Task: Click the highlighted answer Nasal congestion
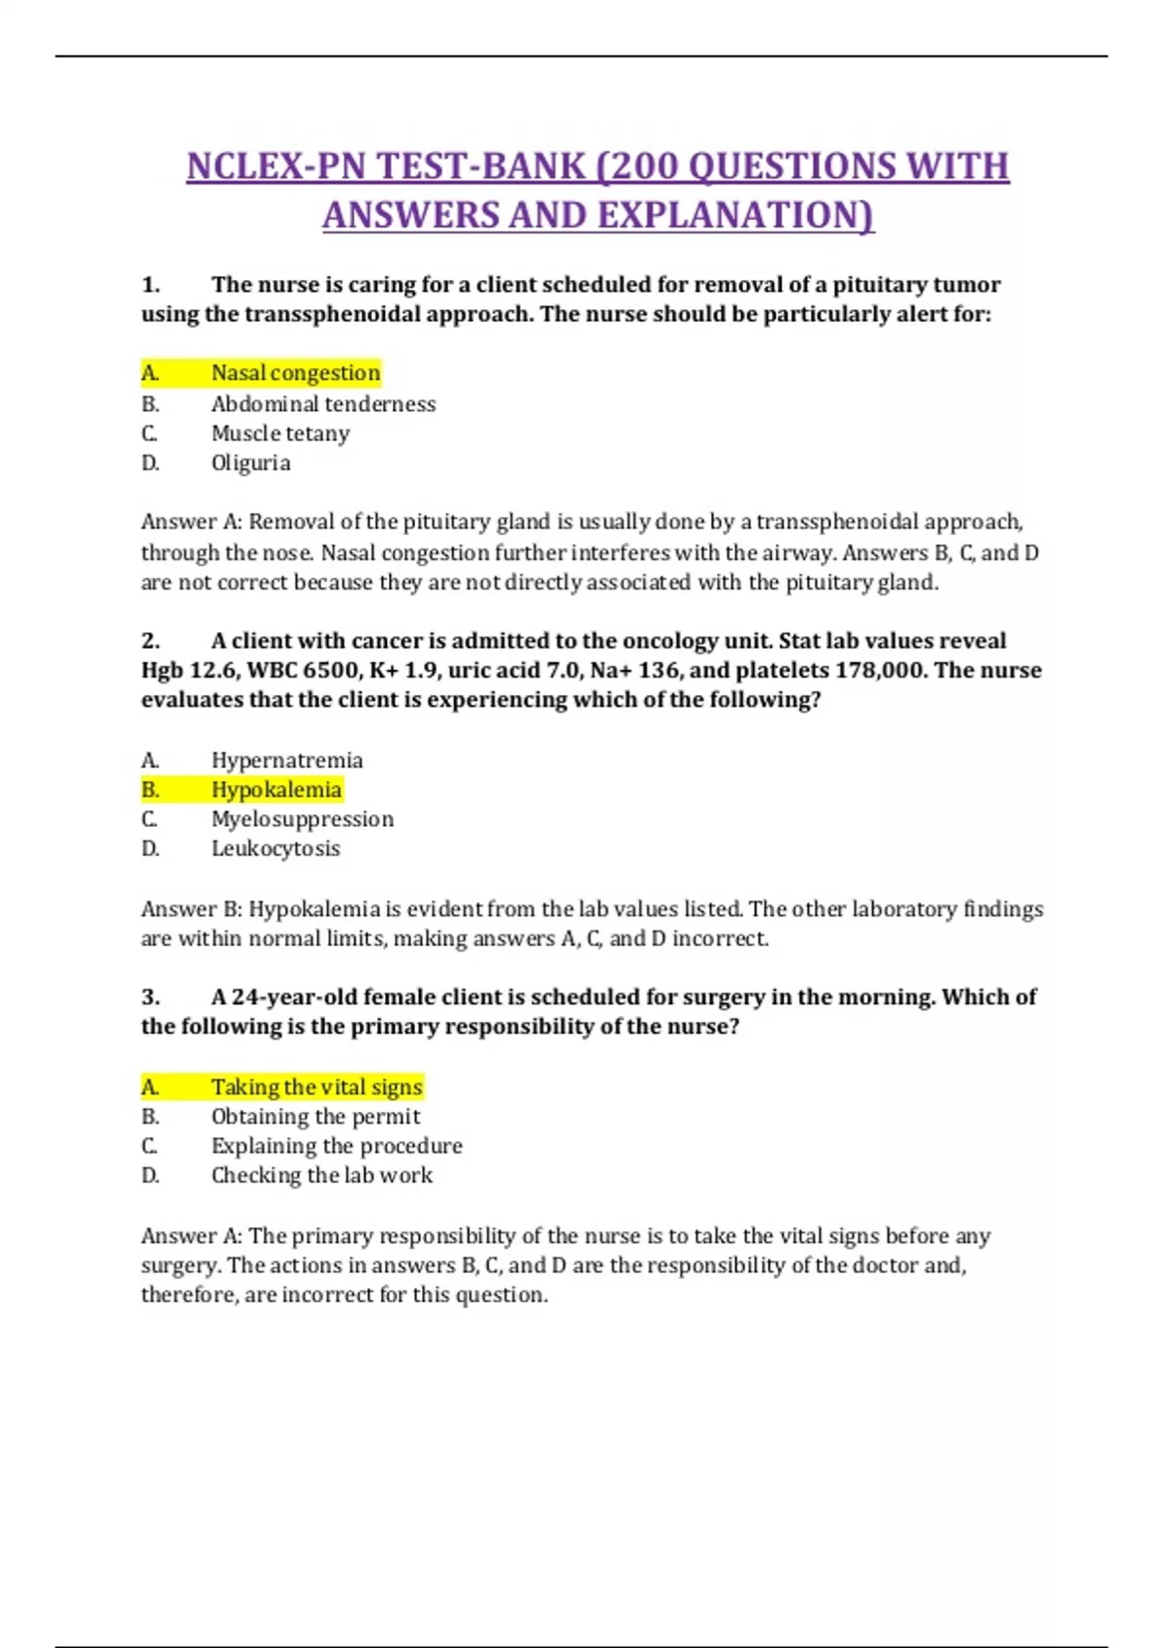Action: coord(295,373)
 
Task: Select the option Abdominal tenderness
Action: coord(323,403)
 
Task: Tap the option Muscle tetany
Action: coord(280,433)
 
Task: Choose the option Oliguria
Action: coord(250,462)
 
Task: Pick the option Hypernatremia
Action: coord(287,760)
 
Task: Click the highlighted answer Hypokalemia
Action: coord(276,790)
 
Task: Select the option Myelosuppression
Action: coord(303,819)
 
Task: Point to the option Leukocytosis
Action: coord(275,848)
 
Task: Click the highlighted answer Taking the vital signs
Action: coord(316,1087)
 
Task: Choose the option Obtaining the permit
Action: coord(315,1117)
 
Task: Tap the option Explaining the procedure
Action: coord(337,1146)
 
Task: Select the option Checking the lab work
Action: coord(322,1175)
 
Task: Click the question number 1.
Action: coord(150,285)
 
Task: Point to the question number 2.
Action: coord(150,641)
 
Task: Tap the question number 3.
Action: coord(150,998)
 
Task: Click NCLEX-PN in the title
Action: coord(275,167)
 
